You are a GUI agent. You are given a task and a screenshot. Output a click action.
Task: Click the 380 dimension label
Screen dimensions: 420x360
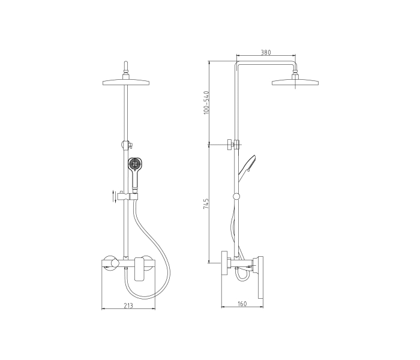coord(266,52)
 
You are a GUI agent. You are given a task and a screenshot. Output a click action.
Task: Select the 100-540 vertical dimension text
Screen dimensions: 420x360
coord(206,103)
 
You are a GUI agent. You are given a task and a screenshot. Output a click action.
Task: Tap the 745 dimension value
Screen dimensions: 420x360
coord(206,204)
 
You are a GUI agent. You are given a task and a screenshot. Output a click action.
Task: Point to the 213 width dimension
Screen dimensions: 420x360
coord(128,305)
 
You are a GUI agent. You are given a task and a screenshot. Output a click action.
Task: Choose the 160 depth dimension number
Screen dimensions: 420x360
coord(242,304)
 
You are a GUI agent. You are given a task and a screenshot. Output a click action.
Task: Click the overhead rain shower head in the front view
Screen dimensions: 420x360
coord(126,82)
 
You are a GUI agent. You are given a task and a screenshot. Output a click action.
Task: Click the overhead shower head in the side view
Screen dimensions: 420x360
coord(296,82)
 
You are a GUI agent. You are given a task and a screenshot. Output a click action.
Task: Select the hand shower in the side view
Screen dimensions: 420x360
coord(247,167)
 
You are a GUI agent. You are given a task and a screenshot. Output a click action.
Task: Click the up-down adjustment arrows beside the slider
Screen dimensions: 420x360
coord(115,197)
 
